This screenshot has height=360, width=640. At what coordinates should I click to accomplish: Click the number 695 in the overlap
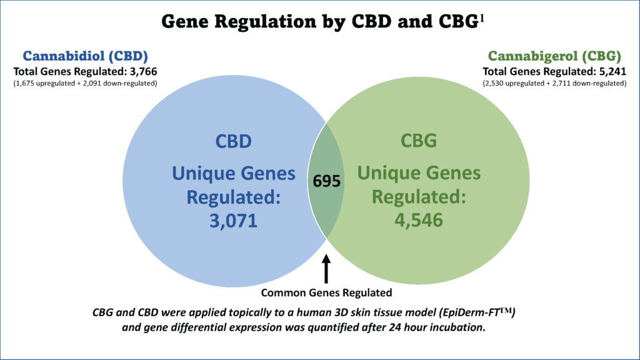pyautogui.click(x=326, y=181)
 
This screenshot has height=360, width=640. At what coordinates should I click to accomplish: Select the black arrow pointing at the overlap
pyautogui.click(x=326, y=269)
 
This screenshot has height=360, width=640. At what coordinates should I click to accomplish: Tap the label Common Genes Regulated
pyautogui.click(x=326, y=292)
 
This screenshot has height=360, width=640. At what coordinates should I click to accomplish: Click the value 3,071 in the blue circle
pyautogui.click(x=234, y=221)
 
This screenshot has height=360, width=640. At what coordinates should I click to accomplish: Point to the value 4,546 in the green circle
pyautogui.click(x=419, y=220)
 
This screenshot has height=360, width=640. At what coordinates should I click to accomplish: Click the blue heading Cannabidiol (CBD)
pyautogui.click(x=85, y=56)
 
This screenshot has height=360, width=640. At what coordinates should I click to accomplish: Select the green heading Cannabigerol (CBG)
pyautogui.click(x=554, y=56)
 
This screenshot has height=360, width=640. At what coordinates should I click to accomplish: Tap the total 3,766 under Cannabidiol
pyautogui.click(x=143, y=72)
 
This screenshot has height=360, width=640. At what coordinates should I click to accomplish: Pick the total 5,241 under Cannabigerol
pyautogui.click(x=612, y=72)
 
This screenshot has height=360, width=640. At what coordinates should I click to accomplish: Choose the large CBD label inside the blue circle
pyautogui.click(x=234, y=141)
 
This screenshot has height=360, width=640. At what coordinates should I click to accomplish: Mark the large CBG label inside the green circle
pyautogui.click(x=419, y=141)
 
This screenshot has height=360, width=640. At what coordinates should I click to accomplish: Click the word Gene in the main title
pyautogui.click(x=185, y=21)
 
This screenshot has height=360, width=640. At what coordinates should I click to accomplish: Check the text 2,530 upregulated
pyautogui.click(x=513, y=83)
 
